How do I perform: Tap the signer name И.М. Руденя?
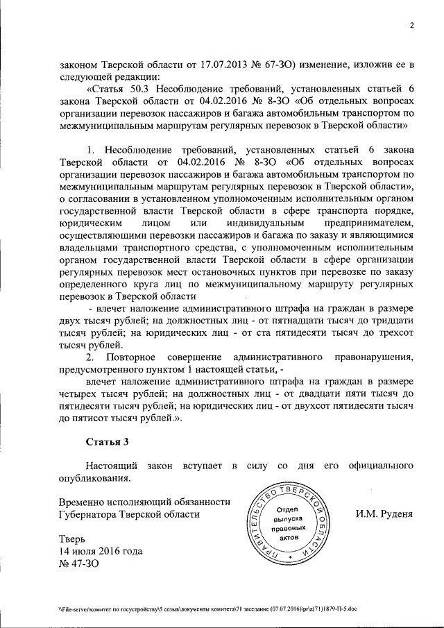click(385, 514)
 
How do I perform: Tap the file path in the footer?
click(208, 608)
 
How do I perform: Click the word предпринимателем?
click(363, 223)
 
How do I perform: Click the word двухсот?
click(311, 405)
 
